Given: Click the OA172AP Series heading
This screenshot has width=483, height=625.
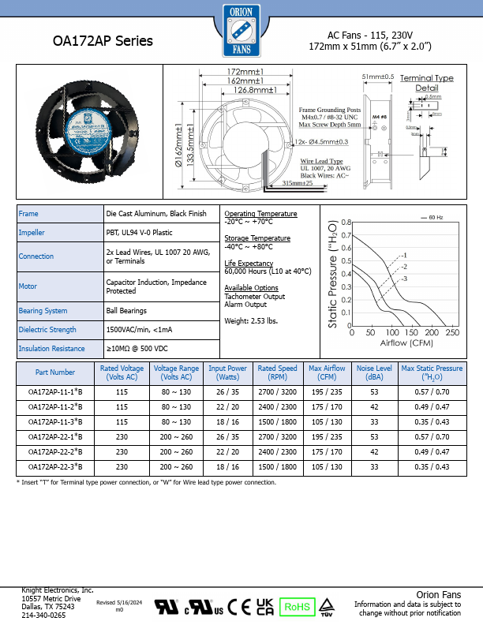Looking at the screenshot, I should coord(103,41).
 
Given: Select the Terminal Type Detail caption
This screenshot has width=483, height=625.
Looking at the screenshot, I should coord(427,83).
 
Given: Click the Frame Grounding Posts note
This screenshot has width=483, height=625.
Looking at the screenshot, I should coord(330,110).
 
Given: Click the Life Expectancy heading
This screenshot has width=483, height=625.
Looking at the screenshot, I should coord(249,262).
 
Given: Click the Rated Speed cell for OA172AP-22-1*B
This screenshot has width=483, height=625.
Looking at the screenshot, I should coord(278,436).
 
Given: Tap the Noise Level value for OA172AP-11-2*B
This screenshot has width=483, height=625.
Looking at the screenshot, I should coord(373,406).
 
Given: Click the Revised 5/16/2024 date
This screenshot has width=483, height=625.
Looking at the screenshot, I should coord(119,602).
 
